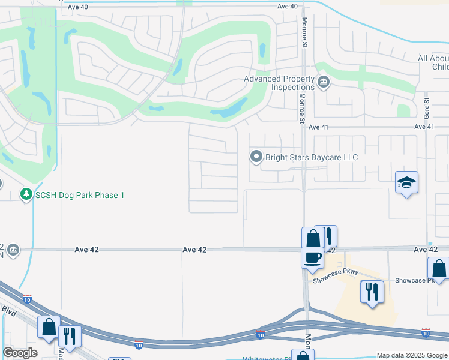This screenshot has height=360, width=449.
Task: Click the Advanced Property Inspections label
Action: coord(279,83)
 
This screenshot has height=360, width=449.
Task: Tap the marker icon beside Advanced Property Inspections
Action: coord(324,82)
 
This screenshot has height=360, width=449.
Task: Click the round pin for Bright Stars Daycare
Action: coord(256,157)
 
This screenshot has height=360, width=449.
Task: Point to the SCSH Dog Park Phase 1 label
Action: coord(79,195)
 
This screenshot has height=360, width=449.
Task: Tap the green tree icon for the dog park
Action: coord(26,194)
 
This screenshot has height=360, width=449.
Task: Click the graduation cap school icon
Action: coord(406,182)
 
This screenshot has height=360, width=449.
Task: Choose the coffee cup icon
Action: coord(312,257)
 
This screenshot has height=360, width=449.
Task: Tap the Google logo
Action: coord(20,353)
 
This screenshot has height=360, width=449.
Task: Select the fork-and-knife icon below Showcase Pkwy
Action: coord(371,292)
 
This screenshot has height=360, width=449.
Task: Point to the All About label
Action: coord(433,58)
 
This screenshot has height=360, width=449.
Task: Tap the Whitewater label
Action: coord(267,358)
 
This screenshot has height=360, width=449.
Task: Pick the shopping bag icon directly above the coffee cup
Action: coord(313,238)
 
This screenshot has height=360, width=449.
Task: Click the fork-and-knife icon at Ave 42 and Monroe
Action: coord(327,236)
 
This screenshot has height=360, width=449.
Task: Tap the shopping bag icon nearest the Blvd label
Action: coord(49,327)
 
